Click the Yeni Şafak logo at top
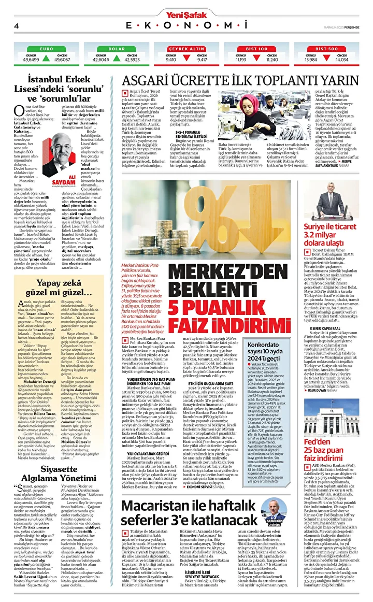coord(187,6)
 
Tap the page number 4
coord(16,25)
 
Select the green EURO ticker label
coord(47,48)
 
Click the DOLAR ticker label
coord(116,48)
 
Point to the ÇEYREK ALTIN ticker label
coord(187,48)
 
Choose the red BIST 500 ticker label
coord(326,48)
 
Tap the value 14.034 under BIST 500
coord(341,60)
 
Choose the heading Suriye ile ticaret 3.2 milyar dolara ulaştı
coord(329,220)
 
